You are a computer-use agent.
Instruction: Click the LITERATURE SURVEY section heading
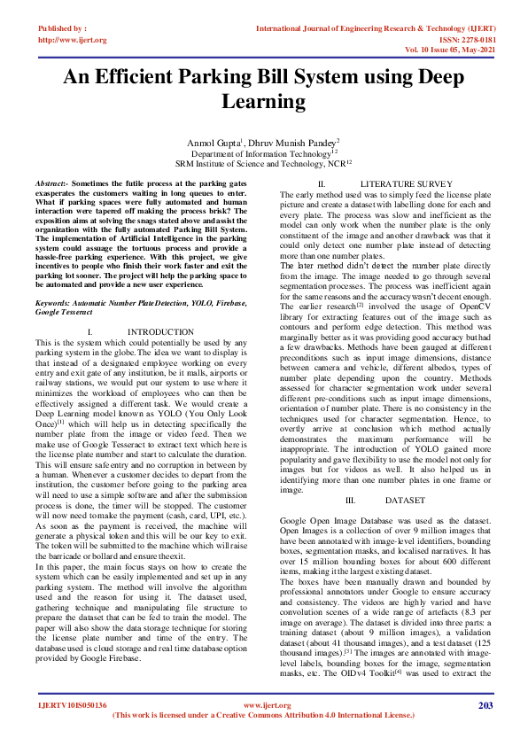(x=400, y=183)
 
